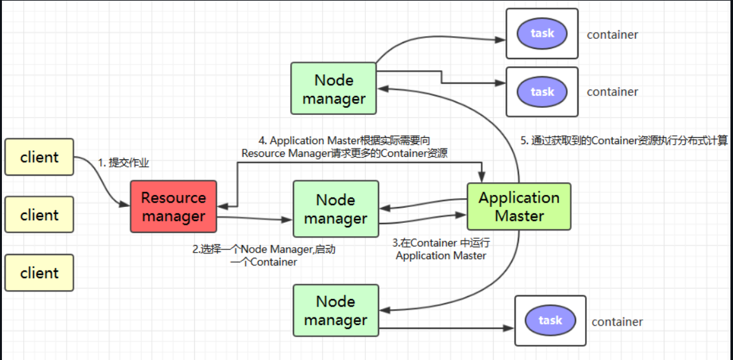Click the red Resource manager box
tap(173, 206)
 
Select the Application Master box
tap(519, 206)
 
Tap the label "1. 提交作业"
tap(123, 163)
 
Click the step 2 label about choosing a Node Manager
tap(264, 256)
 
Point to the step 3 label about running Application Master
tap(441, 249)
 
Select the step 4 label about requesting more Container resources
tap(344, 147)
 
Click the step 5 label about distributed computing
tap(624, 141)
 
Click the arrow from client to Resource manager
tap(102, 180)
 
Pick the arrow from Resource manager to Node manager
tap(255, 218)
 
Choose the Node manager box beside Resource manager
tap(335, 209)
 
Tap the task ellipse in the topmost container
tap(542, 33)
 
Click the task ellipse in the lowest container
tap(550, 321)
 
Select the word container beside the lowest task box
tap(617, 322)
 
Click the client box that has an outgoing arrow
tap(39, 157)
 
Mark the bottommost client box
tap(39, 272)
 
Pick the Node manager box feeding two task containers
tap(333, 88)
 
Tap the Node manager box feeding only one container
tap(335, 311)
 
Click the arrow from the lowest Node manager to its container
tap(447, 329)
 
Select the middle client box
tap(39, 215)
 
